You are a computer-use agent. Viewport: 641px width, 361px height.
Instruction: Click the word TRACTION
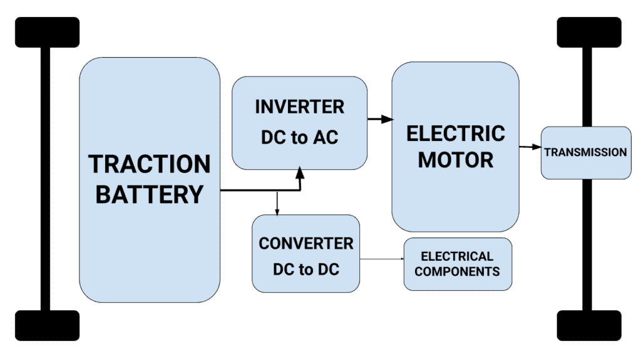click(x=149, y=164)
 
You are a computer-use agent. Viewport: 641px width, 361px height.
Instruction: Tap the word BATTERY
click(x=149, y=194)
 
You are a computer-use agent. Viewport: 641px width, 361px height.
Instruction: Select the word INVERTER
click(x=299, y=107)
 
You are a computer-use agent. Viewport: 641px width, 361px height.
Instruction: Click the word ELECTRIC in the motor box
click(x=455, y=133)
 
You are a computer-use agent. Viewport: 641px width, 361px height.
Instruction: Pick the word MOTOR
click(x=455, y=160)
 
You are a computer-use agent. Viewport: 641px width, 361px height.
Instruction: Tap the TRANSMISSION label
click(x=585, y=152)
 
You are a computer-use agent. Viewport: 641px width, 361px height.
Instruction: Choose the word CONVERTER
click(x=305, y=243)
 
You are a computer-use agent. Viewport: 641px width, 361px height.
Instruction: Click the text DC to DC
click(x=305, y=270)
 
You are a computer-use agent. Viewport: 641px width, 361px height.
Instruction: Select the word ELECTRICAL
click(x=457, y=256)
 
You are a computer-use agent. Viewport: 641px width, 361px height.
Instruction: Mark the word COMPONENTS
click(x=457, y=271)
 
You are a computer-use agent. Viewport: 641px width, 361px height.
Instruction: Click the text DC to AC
click(x=299, y=137)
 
